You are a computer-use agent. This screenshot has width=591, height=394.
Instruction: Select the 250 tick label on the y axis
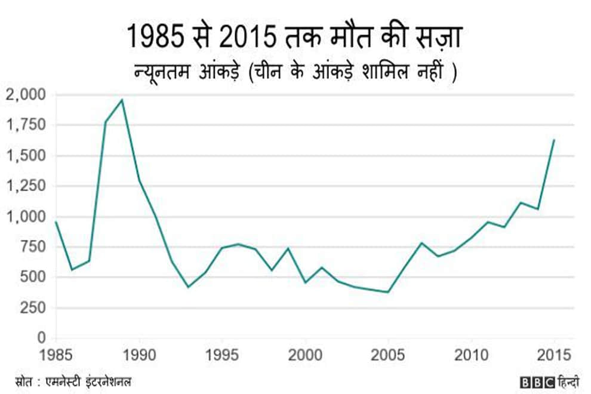[33, 307]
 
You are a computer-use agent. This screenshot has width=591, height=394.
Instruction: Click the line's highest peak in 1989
[122, 100]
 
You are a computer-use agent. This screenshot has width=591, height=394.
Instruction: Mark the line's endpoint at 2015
[554, 140]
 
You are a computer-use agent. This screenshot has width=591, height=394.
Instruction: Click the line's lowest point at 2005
[388, 292]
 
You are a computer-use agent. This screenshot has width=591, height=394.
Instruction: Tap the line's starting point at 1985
[56, 222]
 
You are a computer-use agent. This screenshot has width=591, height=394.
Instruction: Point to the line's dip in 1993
[188, 287]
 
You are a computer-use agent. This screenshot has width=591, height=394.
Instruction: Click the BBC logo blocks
[535, 380]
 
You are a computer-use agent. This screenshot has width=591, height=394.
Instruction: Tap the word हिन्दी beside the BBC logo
[568, 380]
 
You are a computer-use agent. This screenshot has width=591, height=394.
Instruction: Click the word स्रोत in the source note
[25, 380]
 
